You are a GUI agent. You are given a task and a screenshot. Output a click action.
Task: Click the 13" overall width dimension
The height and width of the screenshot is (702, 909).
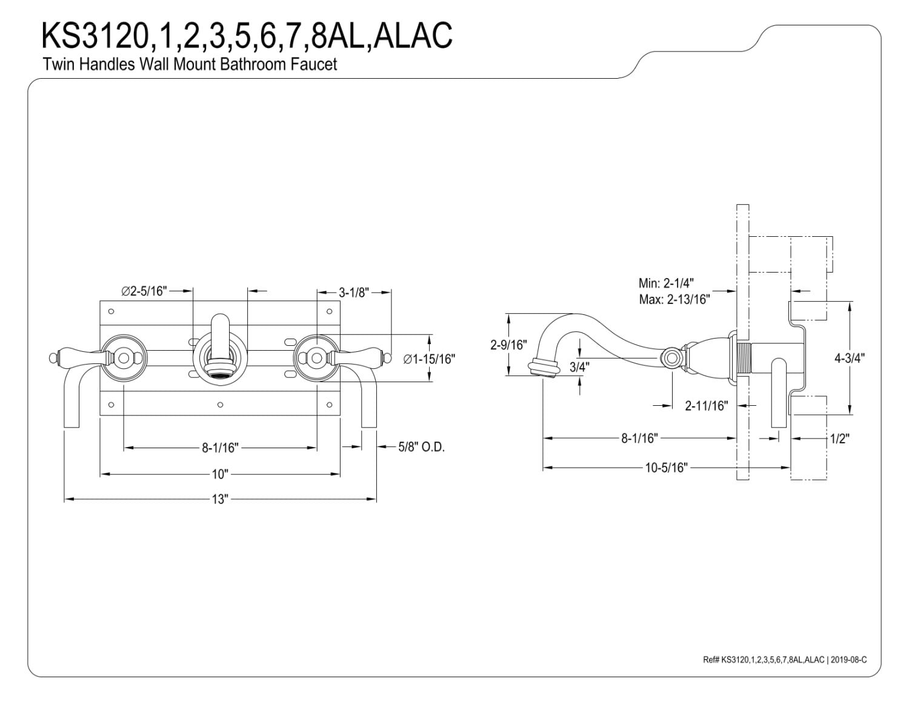pos(219,499)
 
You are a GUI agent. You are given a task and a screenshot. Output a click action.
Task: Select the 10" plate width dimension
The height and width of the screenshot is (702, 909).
pos(219,474)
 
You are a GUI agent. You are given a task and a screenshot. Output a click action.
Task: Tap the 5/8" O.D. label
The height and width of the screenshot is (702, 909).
pos(421,447)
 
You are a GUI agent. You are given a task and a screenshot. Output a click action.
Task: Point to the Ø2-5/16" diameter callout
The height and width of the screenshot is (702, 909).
pos(144,291)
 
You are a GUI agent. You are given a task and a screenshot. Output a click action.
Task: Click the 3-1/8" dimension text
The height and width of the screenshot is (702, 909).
pos(353,293)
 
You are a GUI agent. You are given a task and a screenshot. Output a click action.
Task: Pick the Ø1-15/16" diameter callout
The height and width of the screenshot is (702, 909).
pos(429,359)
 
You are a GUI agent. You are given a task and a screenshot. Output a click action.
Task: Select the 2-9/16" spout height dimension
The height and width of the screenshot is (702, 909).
pos(508,345)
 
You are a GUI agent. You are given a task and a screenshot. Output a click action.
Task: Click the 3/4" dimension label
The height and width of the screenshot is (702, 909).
pos(579,367)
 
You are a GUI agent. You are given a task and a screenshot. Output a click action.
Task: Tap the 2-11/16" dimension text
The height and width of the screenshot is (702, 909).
pos(706,406)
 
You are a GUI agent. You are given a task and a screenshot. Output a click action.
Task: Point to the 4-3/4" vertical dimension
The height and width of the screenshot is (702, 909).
pos(850,359)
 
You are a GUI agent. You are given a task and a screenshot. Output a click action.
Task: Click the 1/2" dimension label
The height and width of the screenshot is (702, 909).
pos(840,439)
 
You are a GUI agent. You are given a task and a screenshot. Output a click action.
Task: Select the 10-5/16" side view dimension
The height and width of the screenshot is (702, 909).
pos(667,468)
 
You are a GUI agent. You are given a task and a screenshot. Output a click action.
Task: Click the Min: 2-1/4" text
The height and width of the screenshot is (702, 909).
pos(666,283)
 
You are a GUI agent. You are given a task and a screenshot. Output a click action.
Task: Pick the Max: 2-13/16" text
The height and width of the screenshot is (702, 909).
pos(674,299)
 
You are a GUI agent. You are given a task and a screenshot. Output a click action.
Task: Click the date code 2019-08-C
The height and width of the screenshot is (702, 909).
pos(849,660)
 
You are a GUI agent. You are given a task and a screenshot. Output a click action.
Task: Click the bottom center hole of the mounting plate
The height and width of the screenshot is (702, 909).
pos(221,405)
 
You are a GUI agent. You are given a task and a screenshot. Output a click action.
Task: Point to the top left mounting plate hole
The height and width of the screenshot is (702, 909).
pos(112,311)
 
